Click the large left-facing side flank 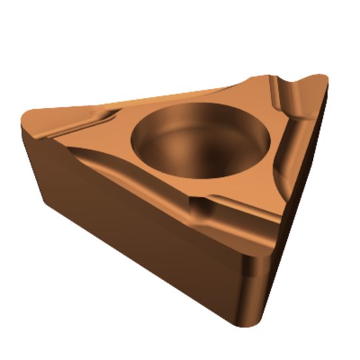coord(131,223)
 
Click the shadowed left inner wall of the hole coord(147,141)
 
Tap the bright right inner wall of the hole coord(252,144)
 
